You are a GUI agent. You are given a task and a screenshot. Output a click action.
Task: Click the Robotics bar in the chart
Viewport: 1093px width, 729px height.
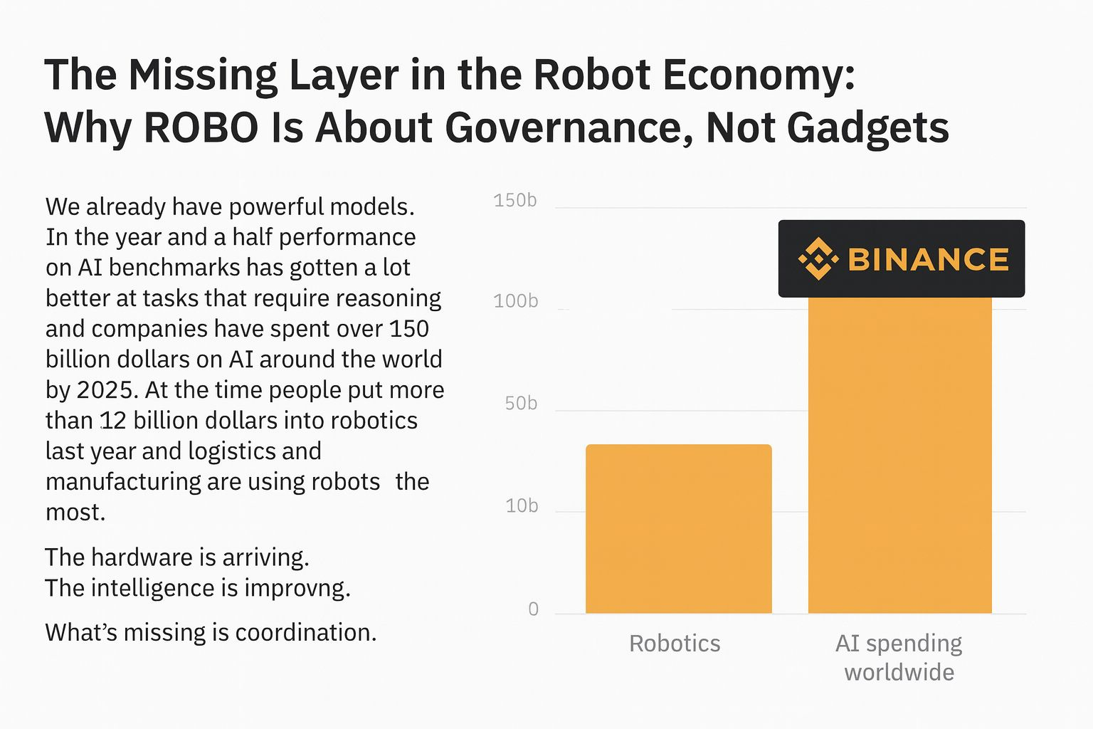(x=678, y=528)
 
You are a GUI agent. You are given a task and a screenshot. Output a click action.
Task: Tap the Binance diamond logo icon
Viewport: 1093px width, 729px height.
(x=818, y=258)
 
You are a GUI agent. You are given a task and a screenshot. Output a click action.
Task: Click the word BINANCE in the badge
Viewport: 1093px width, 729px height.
(x=928, y=259)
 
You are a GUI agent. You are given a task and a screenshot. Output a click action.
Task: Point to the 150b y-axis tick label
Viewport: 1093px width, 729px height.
(x=515, y=201)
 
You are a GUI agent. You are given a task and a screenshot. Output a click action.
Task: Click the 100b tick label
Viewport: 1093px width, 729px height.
(x=515, y=301)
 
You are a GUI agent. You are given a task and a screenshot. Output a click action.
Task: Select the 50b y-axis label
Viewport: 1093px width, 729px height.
(x=521, y=404)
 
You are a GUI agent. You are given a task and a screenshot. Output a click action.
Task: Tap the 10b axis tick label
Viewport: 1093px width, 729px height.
(x=521, y=506)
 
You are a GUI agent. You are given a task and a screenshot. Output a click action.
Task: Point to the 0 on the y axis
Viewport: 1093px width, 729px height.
(x=533, y=609)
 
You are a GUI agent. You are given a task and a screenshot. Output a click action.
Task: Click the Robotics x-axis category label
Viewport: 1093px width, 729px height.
(x=675, y=644)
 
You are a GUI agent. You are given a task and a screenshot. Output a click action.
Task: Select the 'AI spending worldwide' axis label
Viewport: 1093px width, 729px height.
(x=899, y=657)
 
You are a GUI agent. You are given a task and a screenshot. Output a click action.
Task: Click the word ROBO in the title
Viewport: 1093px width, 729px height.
(x=201, y=128)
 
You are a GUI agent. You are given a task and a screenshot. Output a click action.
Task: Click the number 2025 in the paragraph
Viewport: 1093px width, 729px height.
(x=106, y=390)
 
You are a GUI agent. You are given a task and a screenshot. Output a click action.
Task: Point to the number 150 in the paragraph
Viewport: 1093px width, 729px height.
(x=409, y=329)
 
